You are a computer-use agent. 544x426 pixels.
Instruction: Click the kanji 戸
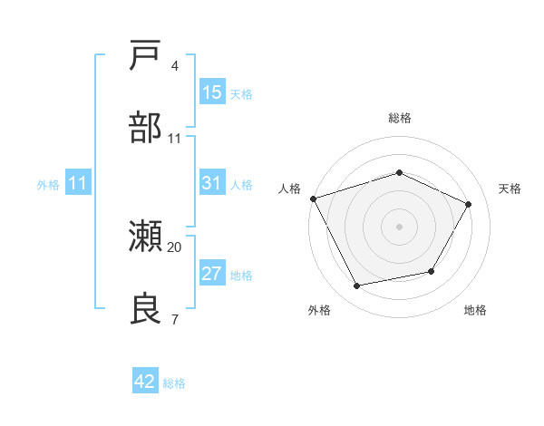coord(146,55)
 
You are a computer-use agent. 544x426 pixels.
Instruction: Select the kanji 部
coord(146,128)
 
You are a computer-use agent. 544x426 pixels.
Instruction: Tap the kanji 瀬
coord(146,237)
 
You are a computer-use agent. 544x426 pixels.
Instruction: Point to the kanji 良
coord(146,310)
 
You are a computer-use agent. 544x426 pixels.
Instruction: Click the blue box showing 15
coord(212,92)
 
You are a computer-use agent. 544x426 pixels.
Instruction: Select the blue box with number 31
coord(212,183)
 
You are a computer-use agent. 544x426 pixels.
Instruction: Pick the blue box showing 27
coord(212,274)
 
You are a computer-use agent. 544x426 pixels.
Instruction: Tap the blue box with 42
coord(145,382)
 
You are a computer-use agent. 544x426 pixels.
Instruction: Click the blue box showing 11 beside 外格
coord(78,183)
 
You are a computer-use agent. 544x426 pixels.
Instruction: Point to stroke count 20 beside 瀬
coord(175,247)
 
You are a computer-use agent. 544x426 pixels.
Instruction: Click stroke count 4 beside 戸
coord(175,65)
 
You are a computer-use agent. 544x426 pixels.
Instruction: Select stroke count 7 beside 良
coord(175,319)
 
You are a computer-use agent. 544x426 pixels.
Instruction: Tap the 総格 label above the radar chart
coord(400,118)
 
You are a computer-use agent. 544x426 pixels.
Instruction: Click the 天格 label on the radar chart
coord(510,189)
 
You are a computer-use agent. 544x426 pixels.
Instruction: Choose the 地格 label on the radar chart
coord(475,311)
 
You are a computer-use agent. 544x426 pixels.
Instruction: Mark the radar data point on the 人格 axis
coord(314,198)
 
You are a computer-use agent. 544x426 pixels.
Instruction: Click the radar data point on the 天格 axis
coord(469,204)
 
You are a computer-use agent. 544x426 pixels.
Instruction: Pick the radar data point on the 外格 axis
coord(357,286)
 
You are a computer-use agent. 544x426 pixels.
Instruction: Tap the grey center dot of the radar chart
coord(400,227)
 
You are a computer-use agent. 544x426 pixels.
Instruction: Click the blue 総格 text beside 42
coord(174,383)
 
